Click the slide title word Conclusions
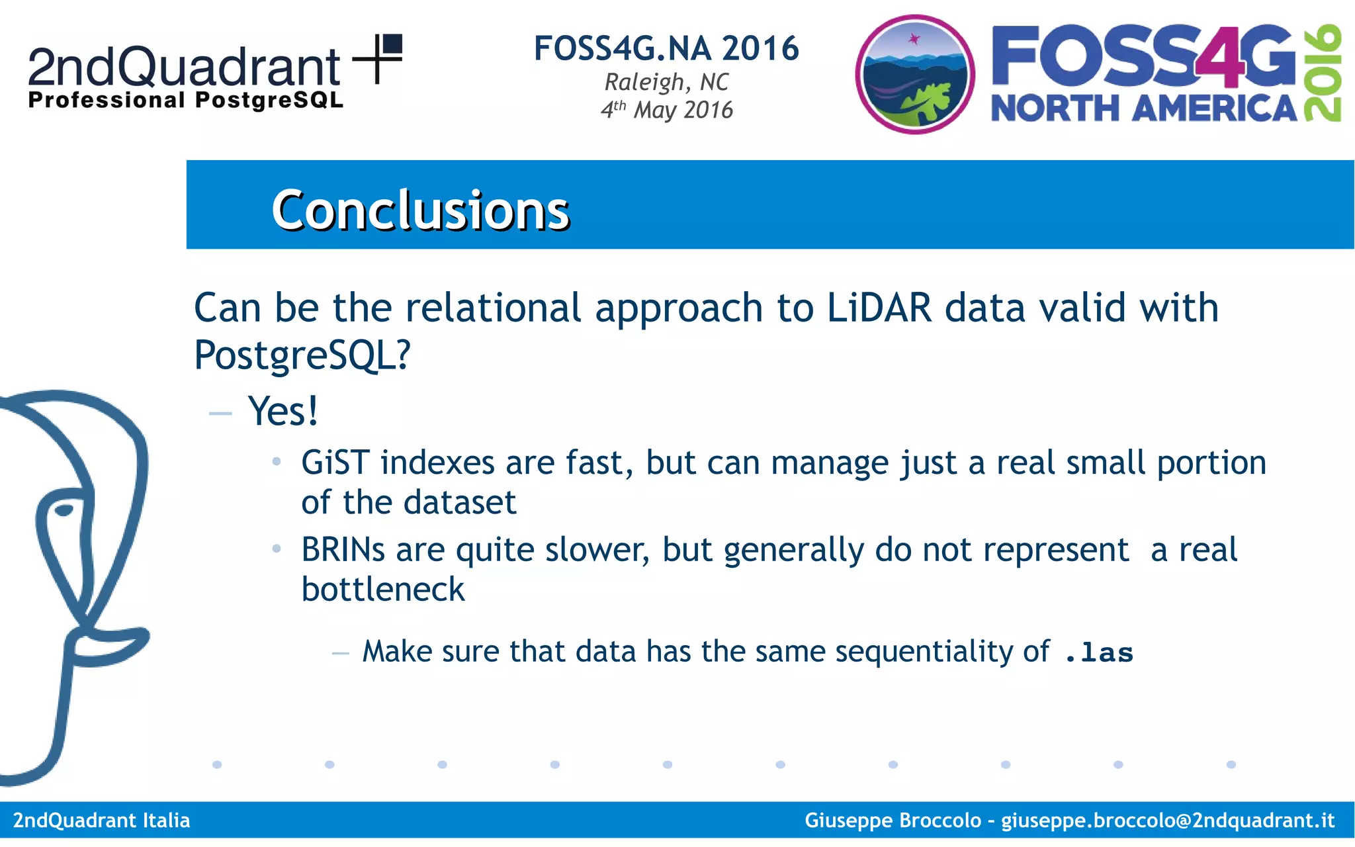pyautogui.click(x=420, y=210)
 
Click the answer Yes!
pyautogui.click(x=283, y=412)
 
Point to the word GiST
pyautogui.click(x=335, y=463)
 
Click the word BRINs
pyautogui.click(x=343, y=550)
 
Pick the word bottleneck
pyautogui.click(x=383, y=590)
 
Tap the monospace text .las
pyautogui.click(x=1099, y=653)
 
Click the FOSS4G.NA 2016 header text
pyautogui.click(x=666, y=48)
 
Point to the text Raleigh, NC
pyautogui.click(x=666, y=83)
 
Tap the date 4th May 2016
pyautogui.click(x=666, y=110)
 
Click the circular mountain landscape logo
pyautogui.click(x=915, y=75)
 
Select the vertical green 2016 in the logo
pyautogui.click(x=1323, y=73)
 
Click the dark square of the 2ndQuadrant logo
pyautogui.click(x=392, y=44)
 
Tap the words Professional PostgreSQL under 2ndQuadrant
pyautogui.click(x=185, y=101)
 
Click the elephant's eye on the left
pyautogui.click(x=64, y=510)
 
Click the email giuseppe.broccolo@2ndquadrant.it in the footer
pyautogui.click(x=1167, y=821)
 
